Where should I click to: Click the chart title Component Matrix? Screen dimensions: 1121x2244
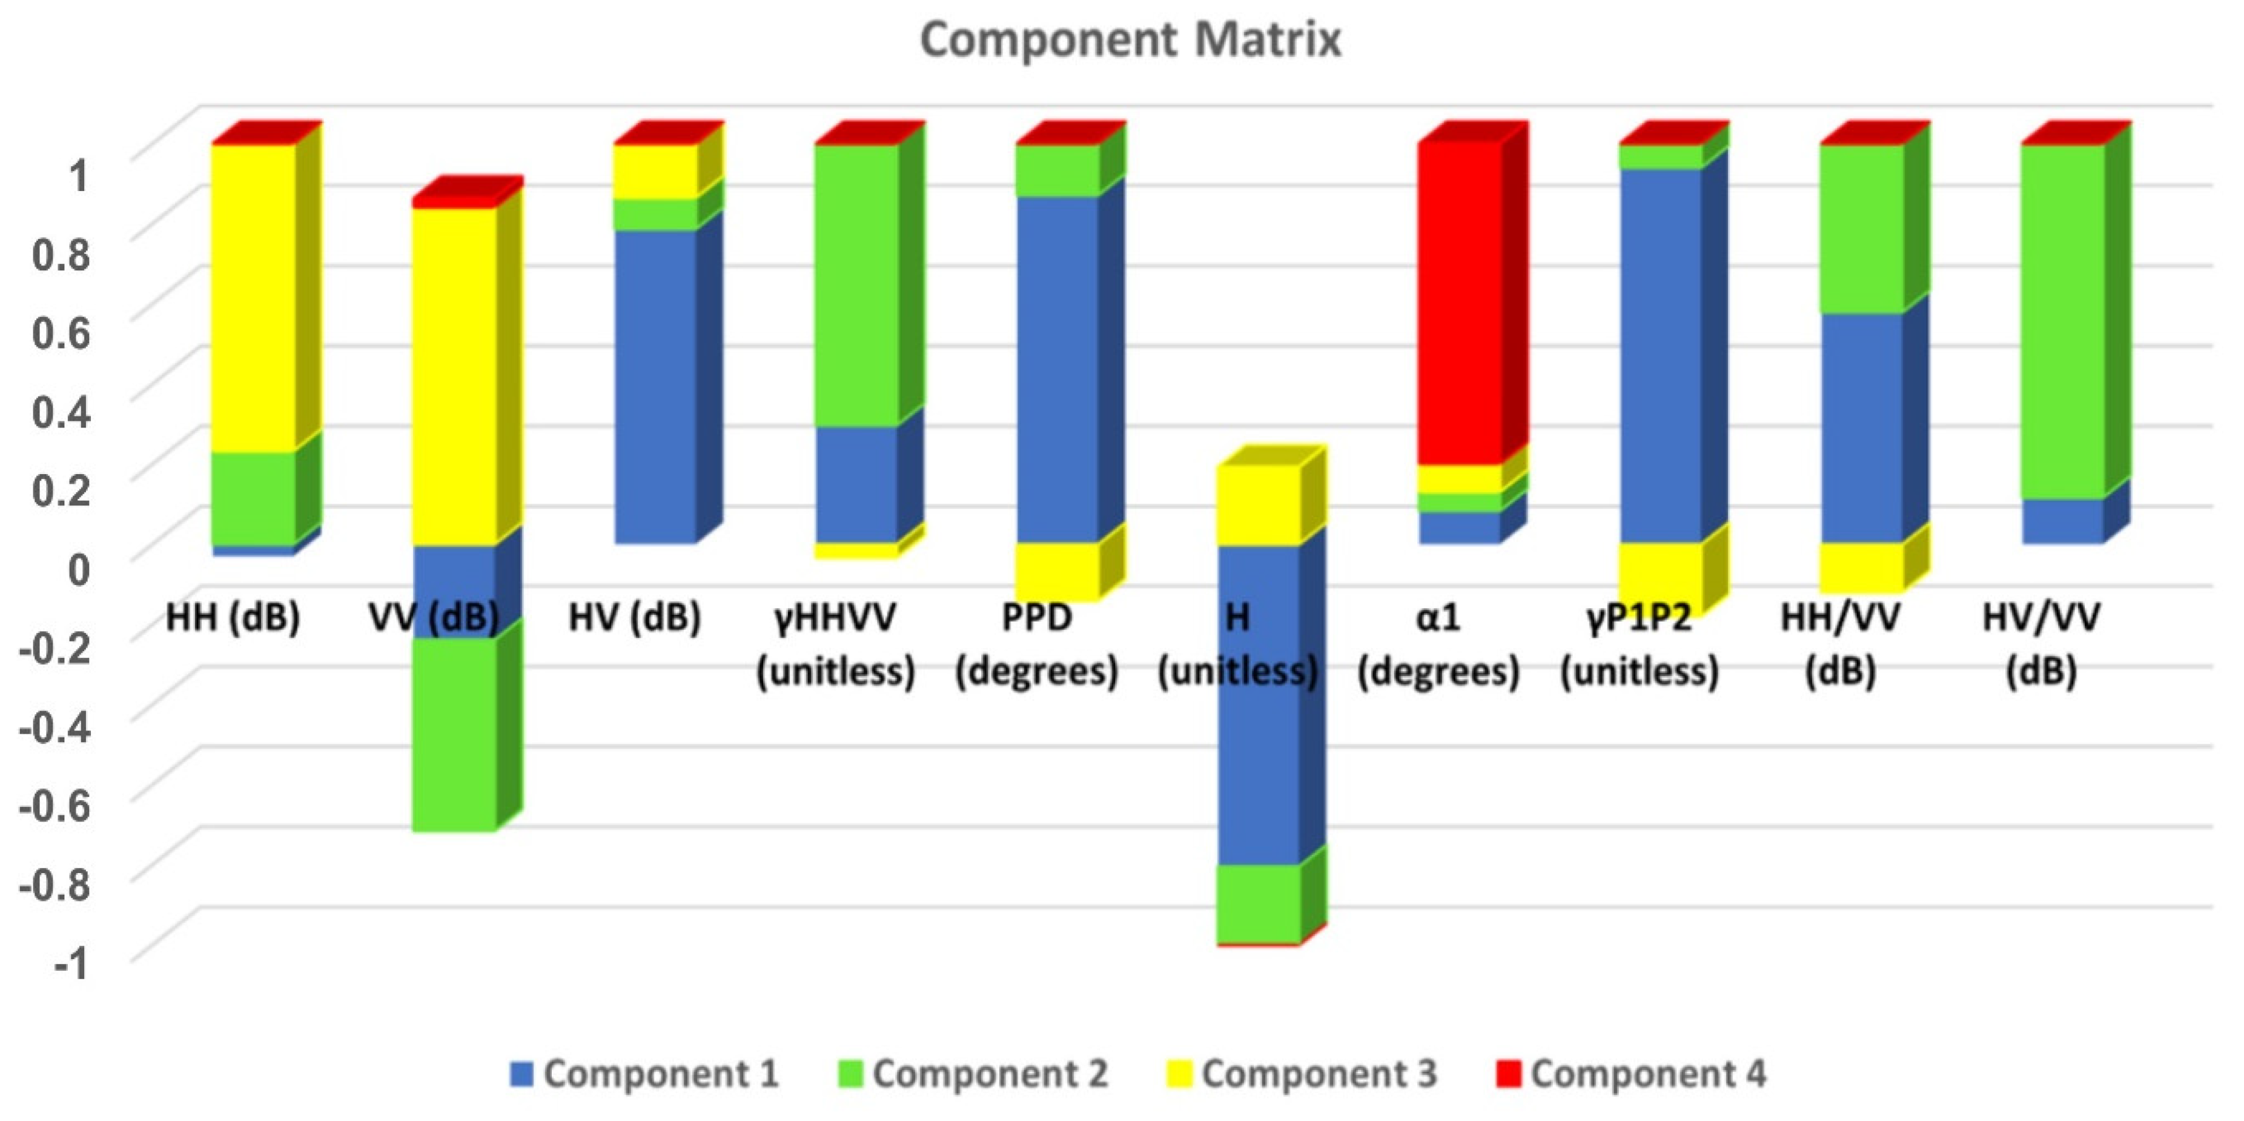[x=1130, y=40]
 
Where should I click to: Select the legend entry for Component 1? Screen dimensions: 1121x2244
[x=644, y=1073]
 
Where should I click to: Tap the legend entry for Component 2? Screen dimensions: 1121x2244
[x=974, y=1073]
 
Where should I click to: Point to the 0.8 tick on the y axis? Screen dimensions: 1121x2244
[x=61, y=255]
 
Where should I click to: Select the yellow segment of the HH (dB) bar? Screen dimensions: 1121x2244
[x=254, y=296]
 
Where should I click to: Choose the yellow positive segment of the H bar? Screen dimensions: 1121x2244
[x=1258, y=506]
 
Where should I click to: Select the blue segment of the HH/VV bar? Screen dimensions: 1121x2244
[x=1862, y=427]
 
